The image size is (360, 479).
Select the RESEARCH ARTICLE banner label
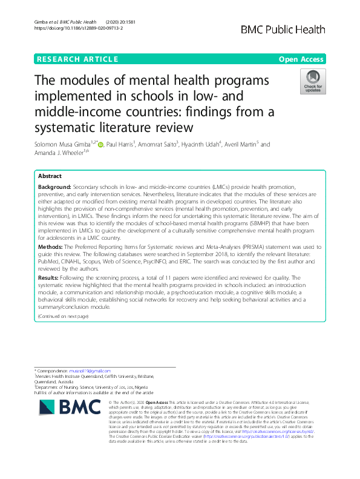click(x=77, y=59)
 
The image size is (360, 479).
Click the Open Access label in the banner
click(x=302, y=59)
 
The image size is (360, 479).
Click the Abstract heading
click(x=50, y=176)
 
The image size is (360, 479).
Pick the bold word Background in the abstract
click(x=54, y=188)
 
